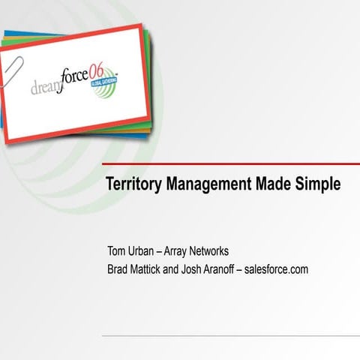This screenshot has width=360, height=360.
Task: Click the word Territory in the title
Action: point(130,184)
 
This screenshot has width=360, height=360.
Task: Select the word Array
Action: point(184,250)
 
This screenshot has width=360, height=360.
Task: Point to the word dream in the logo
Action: point(46,88)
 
